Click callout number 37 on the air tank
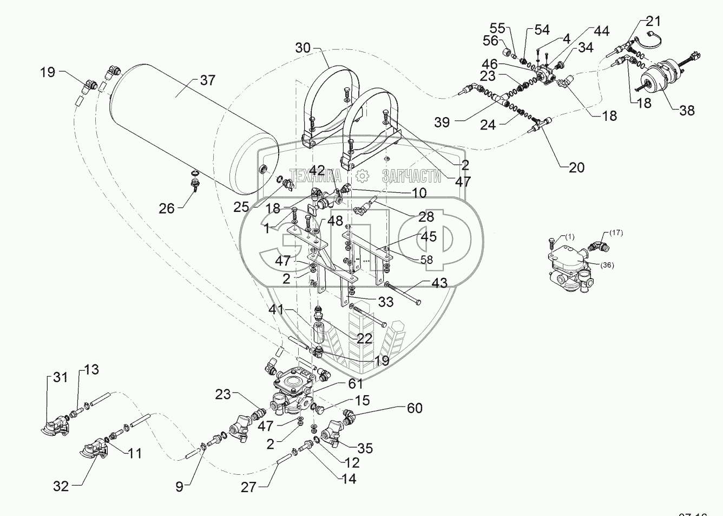pyautogui.click(x=207, y=81)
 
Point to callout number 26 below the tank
pyautogui.click(x=167, y=208)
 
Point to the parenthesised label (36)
pyautogui.click(x=607, y=265)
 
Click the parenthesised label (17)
pyautogui.click(x=616, y=234)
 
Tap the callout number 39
pyautogui.click(x=442, y=122)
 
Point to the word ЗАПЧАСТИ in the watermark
pyautogui.click(x=411, y=176)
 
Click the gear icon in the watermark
pyautogui.click(x=361, y=176)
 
